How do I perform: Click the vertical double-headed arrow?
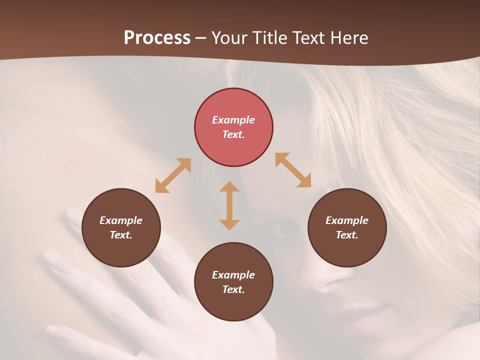pyautogui.click(x=229, y=205)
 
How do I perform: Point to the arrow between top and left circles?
pyautogui.click(x=173, y=175)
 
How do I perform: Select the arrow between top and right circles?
pyautogui.click(x=293, y=170)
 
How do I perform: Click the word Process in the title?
pyautogui.click(x=157, y=38)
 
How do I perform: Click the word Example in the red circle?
pyautogui.click(x=233, y=120)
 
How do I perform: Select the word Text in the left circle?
pyautogui.click(x=121, y=235)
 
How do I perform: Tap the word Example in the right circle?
pyautogui.click(x=347, y=220)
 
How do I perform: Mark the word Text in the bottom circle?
pyautogui.click(x=233, y=289)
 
